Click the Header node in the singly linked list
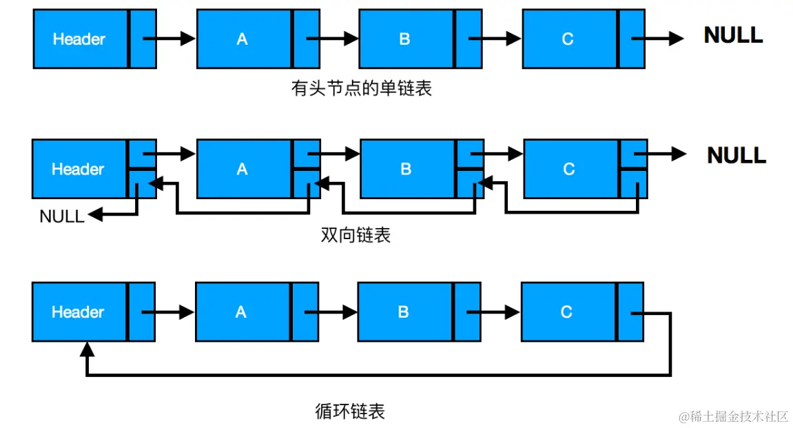tap(80, 39)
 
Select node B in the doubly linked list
tap(406, 169)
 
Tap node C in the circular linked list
tap(567, 312)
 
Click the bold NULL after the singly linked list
tap(733, 35)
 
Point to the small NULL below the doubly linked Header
tap(62, 216)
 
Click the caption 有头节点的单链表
tap(362, 88)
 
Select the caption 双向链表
tap(356, 235)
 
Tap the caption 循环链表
tap(350, 411)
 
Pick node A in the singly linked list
tap(243, 39)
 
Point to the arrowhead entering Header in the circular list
tap(86, 350)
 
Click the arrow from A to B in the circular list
tap(331, 312)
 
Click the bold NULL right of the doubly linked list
tap(737, 155)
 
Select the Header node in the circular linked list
tap(79, 312)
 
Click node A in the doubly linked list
tap(243, 169)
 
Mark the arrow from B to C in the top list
tap(495, 39)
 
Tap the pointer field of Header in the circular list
tap(142, 312)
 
